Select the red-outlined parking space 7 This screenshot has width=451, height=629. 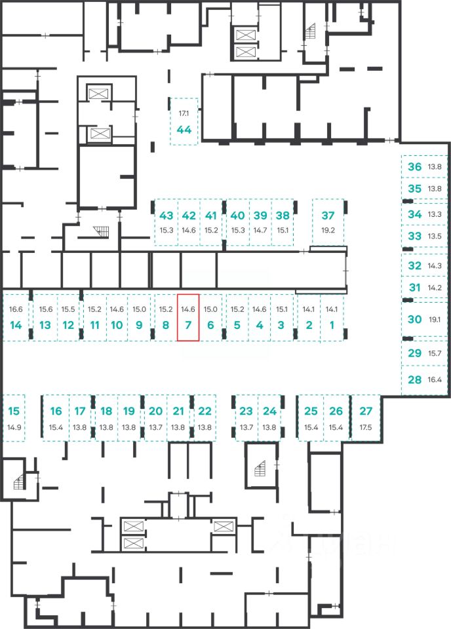188,317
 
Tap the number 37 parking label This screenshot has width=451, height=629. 328,216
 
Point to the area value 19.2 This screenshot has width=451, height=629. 328,230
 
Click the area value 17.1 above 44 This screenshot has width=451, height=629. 184,113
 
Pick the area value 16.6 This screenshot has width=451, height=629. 16,309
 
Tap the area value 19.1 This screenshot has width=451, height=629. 435,320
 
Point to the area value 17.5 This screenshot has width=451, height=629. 366,428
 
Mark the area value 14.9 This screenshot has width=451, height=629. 14,428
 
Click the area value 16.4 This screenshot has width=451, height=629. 435,379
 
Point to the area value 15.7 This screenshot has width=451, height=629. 435,353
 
